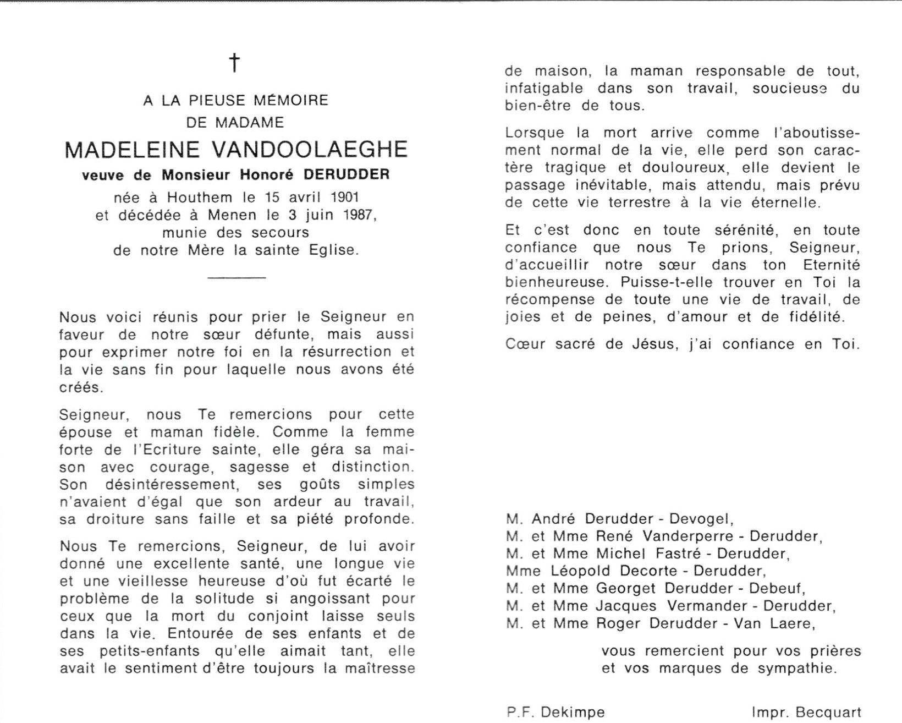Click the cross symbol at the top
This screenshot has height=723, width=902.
(235, 63)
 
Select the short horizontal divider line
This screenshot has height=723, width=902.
(237, 278)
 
